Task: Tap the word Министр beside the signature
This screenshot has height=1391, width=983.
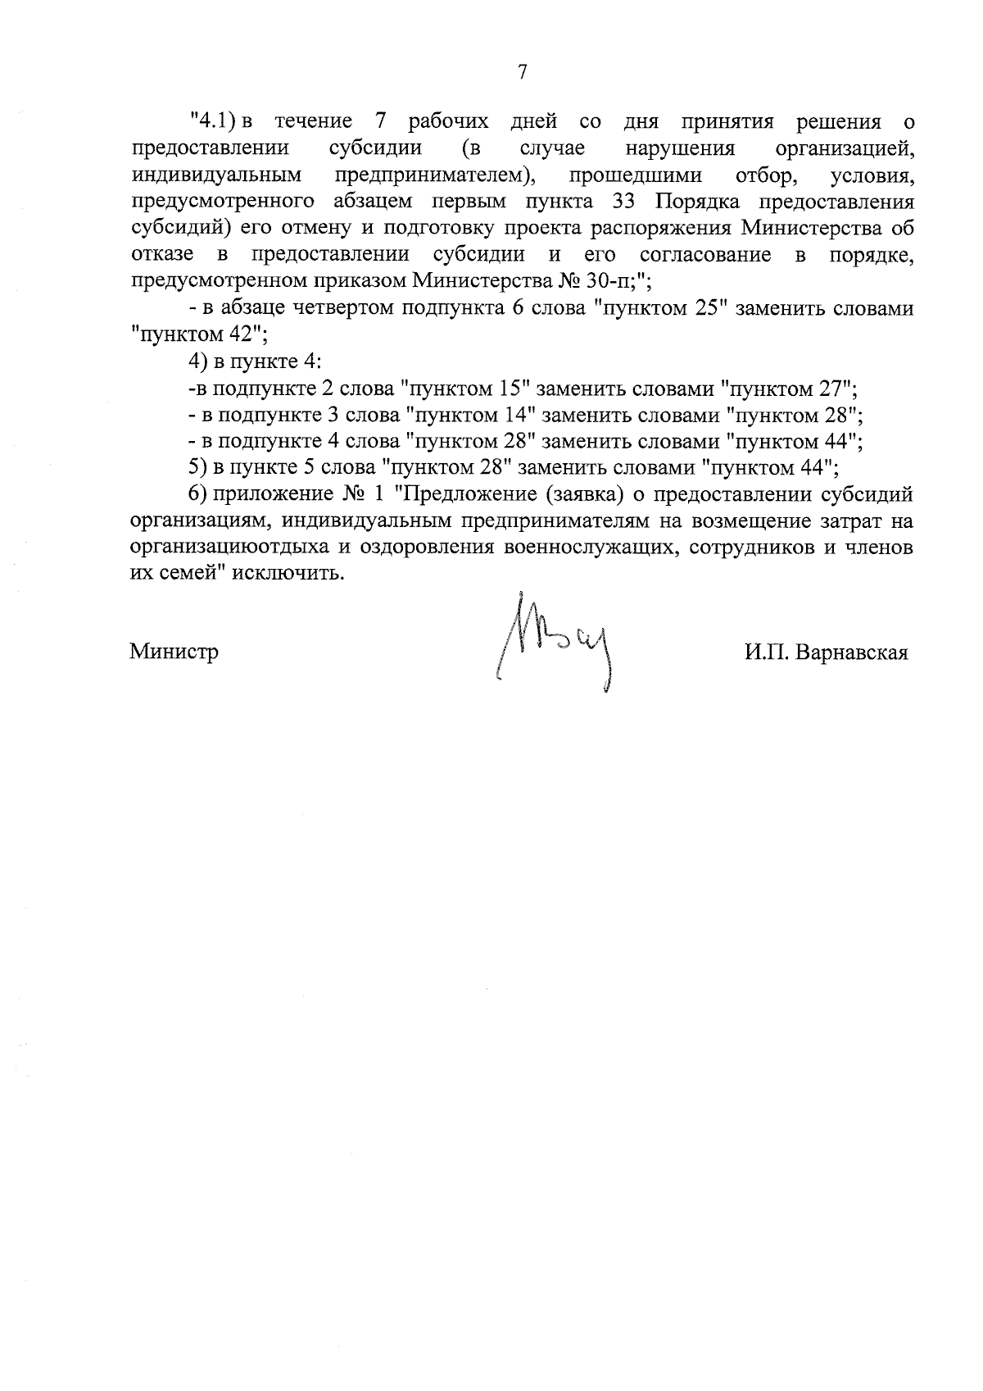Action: pos(174,652)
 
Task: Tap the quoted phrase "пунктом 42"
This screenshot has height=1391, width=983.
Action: pos(197,334)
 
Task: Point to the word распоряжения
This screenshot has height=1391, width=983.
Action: pos(667,228)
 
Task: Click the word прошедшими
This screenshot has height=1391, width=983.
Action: pos(635,175)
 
